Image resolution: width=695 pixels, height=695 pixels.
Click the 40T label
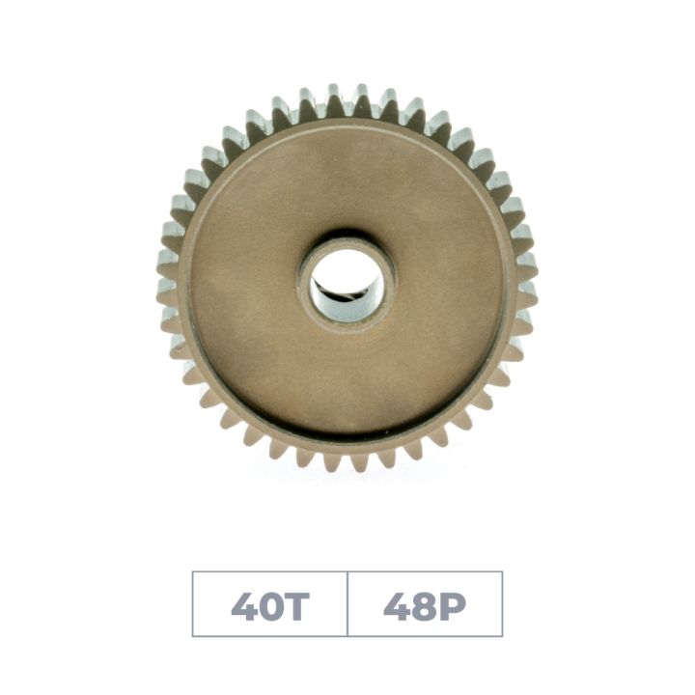269,605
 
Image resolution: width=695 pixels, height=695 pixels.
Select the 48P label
425,605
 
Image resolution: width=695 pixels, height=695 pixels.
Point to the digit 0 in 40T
269,605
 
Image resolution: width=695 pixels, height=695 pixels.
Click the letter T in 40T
294,605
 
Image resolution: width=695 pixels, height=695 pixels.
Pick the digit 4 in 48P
396,605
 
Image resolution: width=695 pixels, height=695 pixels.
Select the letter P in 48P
451,605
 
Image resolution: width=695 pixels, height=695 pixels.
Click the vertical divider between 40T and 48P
347,604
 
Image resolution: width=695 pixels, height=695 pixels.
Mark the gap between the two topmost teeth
347,97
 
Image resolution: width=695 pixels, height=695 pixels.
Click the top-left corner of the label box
193,572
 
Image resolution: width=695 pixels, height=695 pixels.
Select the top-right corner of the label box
502,572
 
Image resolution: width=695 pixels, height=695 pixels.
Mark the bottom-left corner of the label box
193,636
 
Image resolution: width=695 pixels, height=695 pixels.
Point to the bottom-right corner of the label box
502,636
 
